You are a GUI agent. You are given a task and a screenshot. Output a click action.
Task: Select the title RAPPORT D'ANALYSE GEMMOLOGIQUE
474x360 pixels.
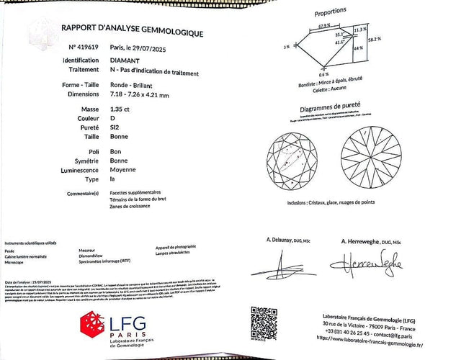click(132, 32)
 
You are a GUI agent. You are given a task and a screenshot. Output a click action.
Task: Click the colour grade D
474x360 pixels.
click(112, 117)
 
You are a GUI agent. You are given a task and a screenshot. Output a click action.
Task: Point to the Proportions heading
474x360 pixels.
click(331, 14)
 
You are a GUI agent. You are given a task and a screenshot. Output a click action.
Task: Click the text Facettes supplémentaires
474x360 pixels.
click(135, 193)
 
